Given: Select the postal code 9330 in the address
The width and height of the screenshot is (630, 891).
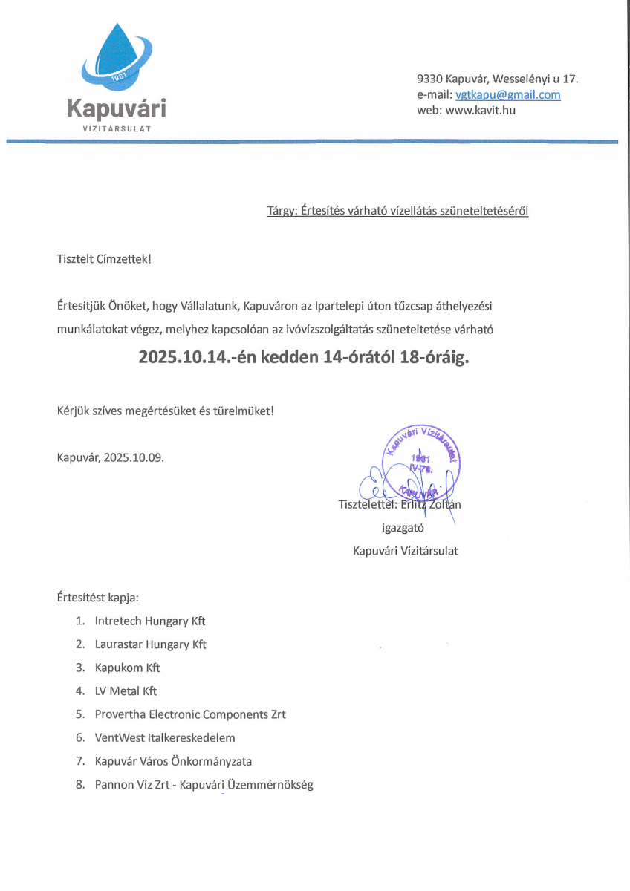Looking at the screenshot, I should (430, 79).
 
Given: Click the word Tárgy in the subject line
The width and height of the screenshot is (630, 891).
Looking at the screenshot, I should (281, 211).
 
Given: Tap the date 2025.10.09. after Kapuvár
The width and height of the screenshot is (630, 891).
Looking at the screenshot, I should (134, 457).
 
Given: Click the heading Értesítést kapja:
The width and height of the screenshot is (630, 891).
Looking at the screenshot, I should (97, 596).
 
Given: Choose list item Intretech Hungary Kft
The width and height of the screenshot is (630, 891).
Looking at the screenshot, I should (150, 620).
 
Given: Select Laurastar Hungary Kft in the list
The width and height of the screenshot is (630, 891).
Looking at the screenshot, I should (151, 644).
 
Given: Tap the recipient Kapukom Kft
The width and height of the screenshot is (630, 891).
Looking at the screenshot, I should (127, 668).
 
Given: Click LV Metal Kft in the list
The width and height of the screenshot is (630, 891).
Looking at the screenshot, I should (126, 691).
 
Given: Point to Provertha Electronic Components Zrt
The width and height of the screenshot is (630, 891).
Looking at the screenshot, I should (190, 714).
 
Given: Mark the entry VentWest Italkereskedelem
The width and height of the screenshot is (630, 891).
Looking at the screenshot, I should (165, 737).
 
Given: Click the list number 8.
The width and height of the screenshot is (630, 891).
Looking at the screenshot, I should (79, 785).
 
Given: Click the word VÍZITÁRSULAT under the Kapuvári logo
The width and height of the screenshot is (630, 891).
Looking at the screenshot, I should (117, 128).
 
